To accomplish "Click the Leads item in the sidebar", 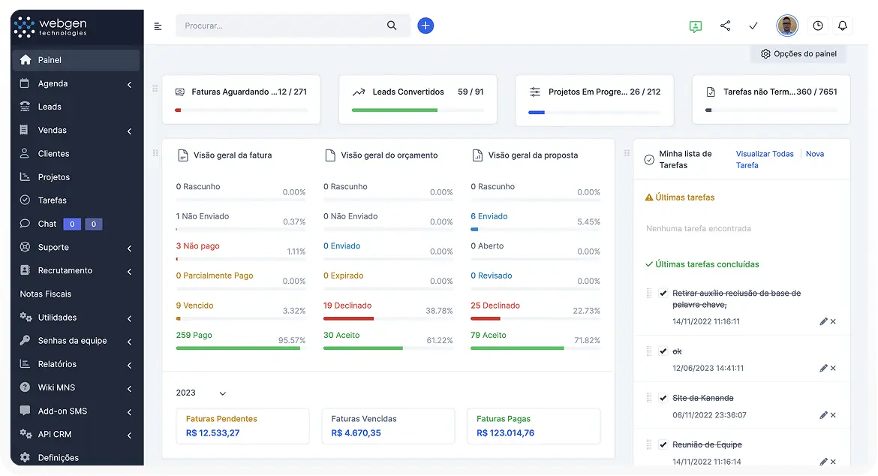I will (50, 107).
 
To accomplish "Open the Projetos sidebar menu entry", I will (53, 177).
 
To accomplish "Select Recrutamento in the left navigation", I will (65, 270).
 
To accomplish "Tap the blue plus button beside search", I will (425, 26).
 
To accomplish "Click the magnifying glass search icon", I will (392, 26).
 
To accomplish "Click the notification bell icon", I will (842, 26).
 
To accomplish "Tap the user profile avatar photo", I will (787, 26).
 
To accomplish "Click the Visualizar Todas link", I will (765, 154).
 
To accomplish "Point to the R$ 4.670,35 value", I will (356, 433).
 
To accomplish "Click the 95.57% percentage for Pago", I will (292, 341).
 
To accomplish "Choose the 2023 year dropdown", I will (200, 393).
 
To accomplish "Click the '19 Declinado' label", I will (347, 306).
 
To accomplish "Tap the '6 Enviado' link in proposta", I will (489, 216).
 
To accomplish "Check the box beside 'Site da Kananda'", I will (663, 398).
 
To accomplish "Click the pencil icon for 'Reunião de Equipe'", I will (823, 462).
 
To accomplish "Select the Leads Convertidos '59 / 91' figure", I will (471, 92).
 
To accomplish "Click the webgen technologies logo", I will (51, 27).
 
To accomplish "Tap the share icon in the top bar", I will (725, 26).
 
